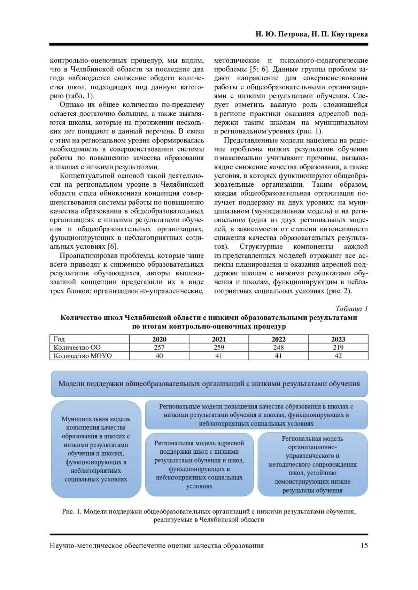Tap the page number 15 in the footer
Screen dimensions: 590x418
(364, 545)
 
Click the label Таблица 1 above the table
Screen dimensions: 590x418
(351, 309)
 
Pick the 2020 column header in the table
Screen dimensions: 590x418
(159, 339)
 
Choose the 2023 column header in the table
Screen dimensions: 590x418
(338, 339)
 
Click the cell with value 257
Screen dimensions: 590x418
(159, 347)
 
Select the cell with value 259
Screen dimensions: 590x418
(219, 347)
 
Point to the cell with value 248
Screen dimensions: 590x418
(278, 347)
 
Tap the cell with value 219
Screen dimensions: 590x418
(338, 347)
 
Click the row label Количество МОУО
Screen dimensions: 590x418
(83, 356)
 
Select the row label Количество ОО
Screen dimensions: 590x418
(77, 347)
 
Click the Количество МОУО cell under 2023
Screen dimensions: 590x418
(338, 356)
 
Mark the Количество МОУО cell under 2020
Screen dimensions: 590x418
(159, 356)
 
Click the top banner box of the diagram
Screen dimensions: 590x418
(209, 384)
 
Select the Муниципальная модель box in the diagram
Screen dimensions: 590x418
(96, 449)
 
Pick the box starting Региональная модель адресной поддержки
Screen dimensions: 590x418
(199, 464)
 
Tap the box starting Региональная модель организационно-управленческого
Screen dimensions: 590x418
(312, 464)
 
